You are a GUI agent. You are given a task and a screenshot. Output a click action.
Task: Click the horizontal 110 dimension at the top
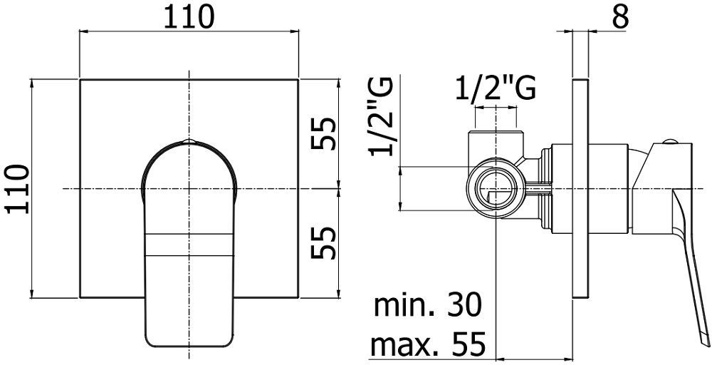coord(189,17)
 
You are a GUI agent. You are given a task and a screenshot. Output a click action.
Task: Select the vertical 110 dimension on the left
coord(16,189)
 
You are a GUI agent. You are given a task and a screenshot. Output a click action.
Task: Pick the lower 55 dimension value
coord(323,244)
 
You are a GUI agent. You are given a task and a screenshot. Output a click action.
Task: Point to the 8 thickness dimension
coord(620,16)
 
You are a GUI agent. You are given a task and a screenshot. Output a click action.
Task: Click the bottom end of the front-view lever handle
coord(189,341)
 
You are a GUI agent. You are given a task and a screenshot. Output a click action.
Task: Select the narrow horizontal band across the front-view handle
coord(189,245)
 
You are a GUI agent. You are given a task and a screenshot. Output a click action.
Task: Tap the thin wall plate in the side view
coord(580,189)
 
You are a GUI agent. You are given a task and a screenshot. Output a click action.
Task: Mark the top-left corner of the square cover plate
coord(80,79)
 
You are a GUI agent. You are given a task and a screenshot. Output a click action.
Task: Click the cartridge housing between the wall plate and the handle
coord(611,189)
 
